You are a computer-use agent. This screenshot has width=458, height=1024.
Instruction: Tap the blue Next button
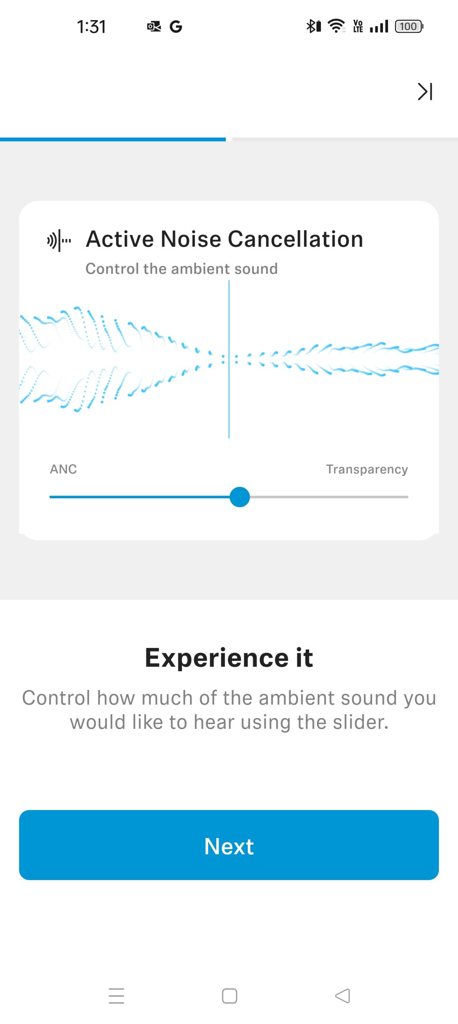(x=229, y=845)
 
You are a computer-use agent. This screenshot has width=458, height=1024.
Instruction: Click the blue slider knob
(x=240, y=497)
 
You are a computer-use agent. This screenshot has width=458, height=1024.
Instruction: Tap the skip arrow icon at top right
(x=425, y=92)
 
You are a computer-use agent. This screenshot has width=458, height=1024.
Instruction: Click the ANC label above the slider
(x=63, y=469)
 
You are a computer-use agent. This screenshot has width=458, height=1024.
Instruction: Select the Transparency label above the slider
(x=367, y=469)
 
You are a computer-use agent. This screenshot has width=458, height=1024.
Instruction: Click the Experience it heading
(x=229, y=657)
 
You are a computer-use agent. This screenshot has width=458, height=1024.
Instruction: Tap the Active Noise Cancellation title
(x=225, y=239)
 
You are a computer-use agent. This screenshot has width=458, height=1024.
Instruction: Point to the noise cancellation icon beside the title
(x=59, y=240)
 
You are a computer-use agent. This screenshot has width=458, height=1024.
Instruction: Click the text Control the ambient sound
(x=182, y=268)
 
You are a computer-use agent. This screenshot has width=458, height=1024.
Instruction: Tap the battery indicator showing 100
(x=409, y=26)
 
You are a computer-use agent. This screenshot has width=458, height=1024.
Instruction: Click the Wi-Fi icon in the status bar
(x=337, y=26)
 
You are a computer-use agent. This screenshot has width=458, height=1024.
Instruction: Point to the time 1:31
(x=92, y=27)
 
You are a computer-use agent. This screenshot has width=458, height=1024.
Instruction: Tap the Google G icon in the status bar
(x=176, y=27)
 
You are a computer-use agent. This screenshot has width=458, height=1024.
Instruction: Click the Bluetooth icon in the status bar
(x=314, y=26)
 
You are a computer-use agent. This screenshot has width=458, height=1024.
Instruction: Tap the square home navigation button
(x=229, y=996)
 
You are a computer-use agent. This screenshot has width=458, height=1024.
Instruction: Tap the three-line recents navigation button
(x=116, y=996)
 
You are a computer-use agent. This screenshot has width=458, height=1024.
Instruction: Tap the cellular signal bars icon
(x=379, y=27)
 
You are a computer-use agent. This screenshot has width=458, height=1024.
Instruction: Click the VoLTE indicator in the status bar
(x=358, y=26)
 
